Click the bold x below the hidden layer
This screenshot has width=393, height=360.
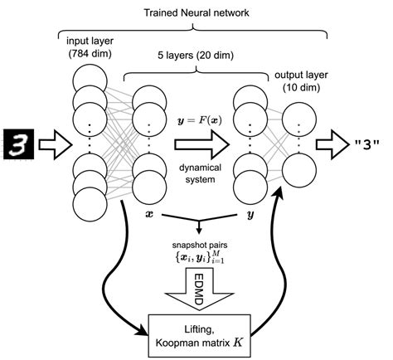(x=148, y=214)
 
